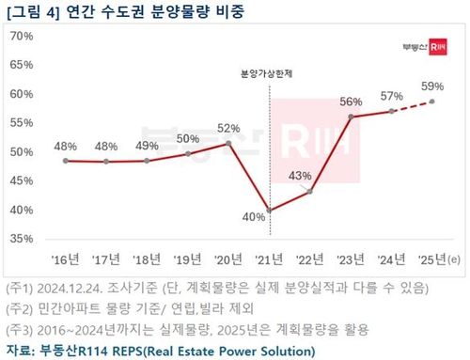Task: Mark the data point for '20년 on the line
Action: (x=228, y=143)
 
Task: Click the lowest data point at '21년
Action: (x=270, y=210)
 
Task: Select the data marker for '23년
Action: (x=352, y=117)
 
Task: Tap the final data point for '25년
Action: (x=432, y=102)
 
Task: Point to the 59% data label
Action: (x=431, y=86)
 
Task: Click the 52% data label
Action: (x=228, y=128)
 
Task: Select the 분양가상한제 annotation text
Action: (x=269, y=72)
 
